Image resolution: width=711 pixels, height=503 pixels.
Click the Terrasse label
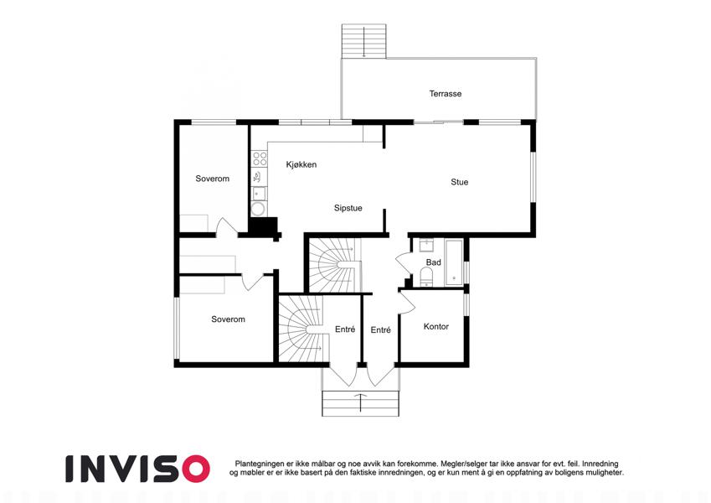point(446,94)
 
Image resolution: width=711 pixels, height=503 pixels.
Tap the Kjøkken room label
point(301,164)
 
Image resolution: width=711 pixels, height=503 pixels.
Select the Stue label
point(459,182)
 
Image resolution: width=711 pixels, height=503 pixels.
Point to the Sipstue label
point(348,208)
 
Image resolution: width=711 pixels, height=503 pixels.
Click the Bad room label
point(434,262)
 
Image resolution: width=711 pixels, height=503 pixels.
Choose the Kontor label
point(435,326)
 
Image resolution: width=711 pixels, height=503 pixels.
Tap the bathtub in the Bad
point(454,262)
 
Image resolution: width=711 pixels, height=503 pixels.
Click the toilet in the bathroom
point(427,277)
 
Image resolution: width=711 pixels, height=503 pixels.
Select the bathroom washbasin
point(427,246)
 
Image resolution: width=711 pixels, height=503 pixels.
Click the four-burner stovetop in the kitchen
point(260,159)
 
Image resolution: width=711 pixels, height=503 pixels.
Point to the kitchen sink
point(259,194)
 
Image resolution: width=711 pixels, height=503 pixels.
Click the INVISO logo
point(137,469)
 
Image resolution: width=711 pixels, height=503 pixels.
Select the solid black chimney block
point(264,226)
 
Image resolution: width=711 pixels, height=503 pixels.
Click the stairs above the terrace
point(363,41)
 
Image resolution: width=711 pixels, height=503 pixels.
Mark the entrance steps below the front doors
point(360,403)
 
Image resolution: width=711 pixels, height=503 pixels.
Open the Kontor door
point(407,303)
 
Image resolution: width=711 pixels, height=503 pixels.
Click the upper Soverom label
point(212,179)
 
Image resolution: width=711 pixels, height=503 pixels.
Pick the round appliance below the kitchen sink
point(259,209)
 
